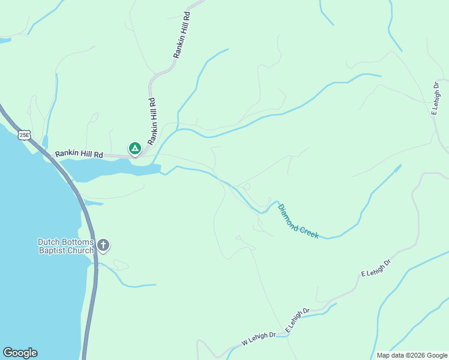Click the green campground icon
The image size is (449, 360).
point(135,148)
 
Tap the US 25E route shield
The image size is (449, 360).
point(25,135)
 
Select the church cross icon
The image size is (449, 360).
point(104,245)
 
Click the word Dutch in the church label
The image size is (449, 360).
point(49,242)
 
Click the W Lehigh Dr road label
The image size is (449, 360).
point(258,339)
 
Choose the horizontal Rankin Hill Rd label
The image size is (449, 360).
point(79,154)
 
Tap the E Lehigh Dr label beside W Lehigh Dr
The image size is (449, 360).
point(297,321)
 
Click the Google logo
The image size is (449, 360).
point(20,353)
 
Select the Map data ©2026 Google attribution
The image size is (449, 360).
point(411,355)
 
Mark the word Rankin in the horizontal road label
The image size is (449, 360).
point(67,154)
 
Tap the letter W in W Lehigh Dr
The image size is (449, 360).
point(245,343)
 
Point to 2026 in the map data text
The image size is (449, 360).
point(417,355)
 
